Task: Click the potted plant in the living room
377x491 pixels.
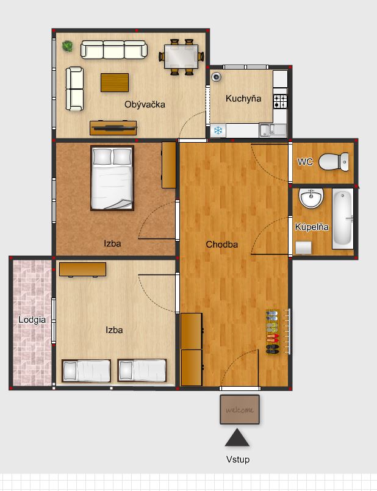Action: point(67,46)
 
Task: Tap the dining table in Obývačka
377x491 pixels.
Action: point(181,57)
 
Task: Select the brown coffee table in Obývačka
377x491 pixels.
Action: point(115,82)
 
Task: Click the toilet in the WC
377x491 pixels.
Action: point(334,162)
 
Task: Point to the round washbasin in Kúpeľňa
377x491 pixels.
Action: point(311,198)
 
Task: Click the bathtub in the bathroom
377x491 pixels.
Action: point(343,218)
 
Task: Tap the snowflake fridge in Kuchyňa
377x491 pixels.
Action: point(218,130)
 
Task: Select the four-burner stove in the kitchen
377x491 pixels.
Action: point(280,101)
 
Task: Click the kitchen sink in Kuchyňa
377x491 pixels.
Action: point(273,131)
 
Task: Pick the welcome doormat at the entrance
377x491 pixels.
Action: point(240,410)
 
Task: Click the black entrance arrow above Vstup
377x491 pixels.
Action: point(237,437)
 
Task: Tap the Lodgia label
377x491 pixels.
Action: point(32,320)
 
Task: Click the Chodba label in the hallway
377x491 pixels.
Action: point(221,244)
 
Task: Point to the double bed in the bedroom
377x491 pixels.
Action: point(112,178)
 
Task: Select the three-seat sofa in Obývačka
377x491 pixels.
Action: point(114,49)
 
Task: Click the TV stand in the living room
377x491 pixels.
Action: point(113,127)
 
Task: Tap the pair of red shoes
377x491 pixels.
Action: point(273,338)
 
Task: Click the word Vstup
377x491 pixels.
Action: point(238,459)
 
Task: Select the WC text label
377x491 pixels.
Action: point(305,162)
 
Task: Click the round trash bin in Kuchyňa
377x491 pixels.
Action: point(216,76)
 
